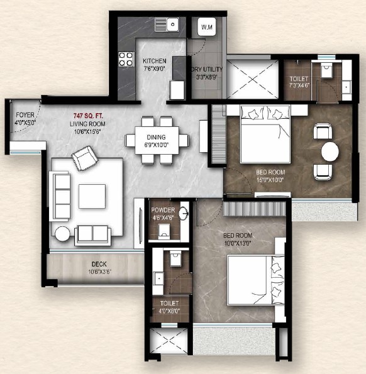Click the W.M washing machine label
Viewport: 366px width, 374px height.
207,27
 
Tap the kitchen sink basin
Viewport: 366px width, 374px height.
173,25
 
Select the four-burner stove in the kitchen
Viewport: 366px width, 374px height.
126,59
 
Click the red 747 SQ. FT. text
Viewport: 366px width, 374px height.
88,116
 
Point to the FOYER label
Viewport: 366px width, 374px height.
25,115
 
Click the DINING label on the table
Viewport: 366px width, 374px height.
157,137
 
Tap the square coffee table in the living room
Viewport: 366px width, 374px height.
92,196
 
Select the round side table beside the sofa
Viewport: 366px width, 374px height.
62,234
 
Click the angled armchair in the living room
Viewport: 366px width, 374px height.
85,158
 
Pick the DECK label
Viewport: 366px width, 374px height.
99,264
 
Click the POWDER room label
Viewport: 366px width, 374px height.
163,210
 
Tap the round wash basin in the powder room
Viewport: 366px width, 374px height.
184,212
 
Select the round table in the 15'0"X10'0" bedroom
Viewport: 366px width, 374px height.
330,151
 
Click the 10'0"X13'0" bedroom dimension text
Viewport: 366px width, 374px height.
238,243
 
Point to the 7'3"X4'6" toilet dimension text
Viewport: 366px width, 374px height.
299,85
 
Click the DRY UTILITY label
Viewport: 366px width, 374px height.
207,69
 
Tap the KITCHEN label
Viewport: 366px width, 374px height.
155,61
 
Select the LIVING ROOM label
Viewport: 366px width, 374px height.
87,124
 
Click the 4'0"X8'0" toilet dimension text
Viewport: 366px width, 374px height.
169,311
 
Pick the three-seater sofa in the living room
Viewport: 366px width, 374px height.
60,196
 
